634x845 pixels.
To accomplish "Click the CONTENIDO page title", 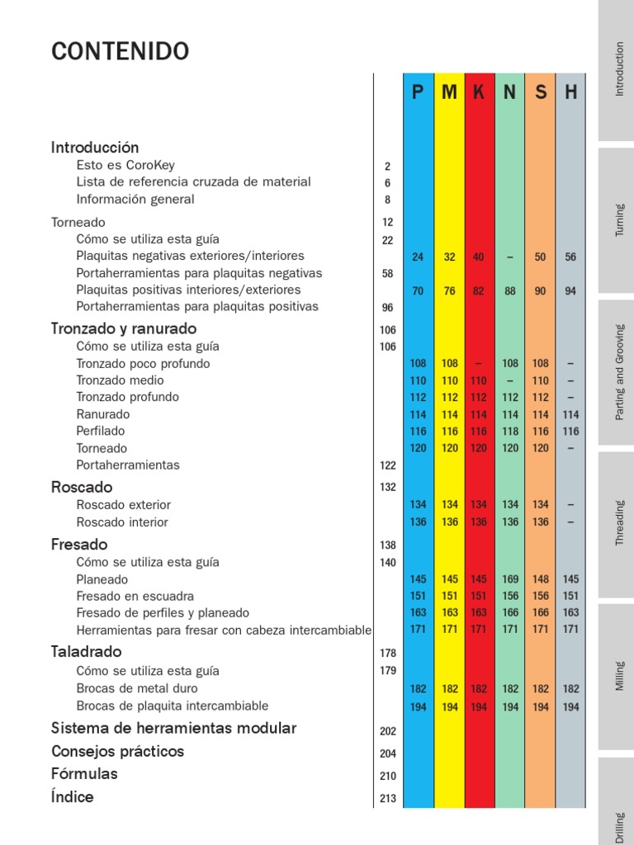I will pos(120,51).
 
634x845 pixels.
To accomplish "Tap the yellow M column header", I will pos(449,92).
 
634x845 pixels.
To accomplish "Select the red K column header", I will pos(479,92).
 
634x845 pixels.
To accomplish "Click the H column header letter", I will pos(570,92).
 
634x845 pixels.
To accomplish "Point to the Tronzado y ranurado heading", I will pos(124,328).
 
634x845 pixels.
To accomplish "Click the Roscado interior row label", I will pos(122,522).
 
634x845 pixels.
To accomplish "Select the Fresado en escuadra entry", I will pos(135,596).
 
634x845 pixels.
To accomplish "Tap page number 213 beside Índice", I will pos(388,799).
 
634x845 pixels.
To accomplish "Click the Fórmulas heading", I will pos(84,774).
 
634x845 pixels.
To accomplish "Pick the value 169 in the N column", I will pos(510,579).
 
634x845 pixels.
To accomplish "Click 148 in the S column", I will pos(540,579).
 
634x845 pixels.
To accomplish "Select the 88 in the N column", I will pos(510,290).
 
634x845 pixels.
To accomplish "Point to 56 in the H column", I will pos(570,257).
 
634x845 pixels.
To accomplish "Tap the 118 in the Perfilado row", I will pos(510,432).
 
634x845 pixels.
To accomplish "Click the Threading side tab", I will pos(620,522).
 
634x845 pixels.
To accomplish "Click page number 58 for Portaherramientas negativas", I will pos(387,273).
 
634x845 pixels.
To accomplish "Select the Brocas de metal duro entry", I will pos(137,688).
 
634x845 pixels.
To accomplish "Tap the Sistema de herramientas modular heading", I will pos(173,729).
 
